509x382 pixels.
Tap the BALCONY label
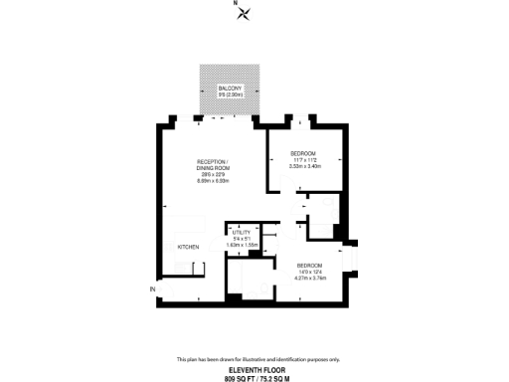(232, 89)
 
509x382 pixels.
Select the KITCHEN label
(189, 247)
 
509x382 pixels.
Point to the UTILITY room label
(240, 232)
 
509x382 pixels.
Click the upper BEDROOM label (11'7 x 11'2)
(303, 152)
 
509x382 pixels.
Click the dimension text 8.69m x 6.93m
(213, 181)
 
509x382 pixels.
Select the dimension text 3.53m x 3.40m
(303, 166)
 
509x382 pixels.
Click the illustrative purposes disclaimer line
(257, 359)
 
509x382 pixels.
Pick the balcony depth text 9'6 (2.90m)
(232, 95)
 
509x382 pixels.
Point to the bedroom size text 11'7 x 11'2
(303, 159)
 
